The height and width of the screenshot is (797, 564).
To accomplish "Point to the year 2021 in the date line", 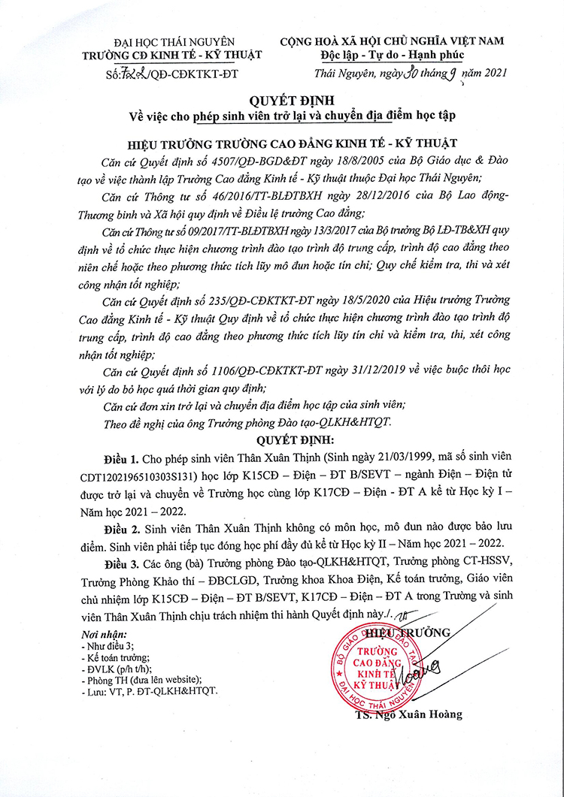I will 490,73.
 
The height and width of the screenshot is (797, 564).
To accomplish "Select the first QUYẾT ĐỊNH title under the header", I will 283,101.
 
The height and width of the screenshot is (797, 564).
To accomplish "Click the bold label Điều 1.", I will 123,458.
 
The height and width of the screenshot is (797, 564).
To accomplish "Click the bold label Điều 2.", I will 123,528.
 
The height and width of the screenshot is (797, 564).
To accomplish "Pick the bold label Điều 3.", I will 123,563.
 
